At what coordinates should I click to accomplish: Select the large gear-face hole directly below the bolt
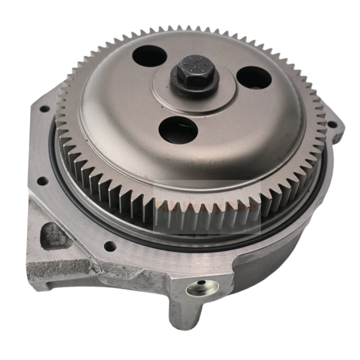tap(178, 129)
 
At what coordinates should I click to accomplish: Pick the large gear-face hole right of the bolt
tap(254, 78)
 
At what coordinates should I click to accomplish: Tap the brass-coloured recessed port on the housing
tap(202, 289)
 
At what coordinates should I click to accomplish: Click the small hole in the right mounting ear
tap(331, 124)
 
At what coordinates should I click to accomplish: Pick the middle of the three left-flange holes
tap(42, 181)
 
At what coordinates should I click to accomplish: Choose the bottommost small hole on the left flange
tap(110, 245)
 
